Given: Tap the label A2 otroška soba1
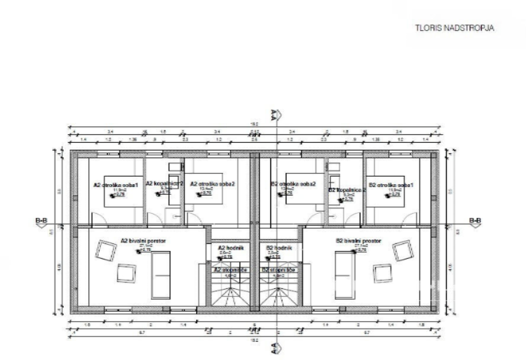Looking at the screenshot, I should pos(115,185).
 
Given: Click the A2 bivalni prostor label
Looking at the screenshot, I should pos(141,241).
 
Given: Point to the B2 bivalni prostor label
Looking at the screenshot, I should pos(359,241).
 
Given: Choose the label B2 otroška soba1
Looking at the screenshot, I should pos(391,185).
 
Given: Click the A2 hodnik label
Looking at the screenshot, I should pos(227,248).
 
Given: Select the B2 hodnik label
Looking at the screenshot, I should pos(276,248).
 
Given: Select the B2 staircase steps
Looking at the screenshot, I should pos(276,293).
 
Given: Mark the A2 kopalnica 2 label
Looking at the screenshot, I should pos(164,184).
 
